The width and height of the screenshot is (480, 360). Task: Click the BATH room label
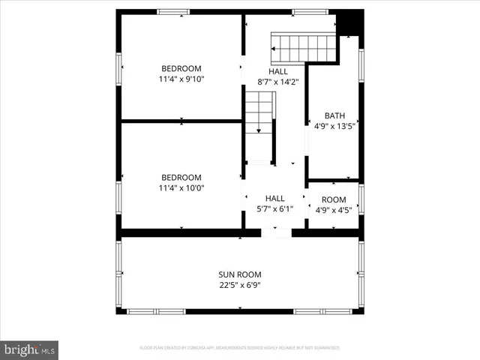tap(334, 115)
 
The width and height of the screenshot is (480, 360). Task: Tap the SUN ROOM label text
tap(240, 274)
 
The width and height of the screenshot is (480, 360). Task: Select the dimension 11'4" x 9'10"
tap(181, 79)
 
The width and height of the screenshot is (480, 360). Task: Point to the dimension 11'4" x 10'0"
tap(181, 188)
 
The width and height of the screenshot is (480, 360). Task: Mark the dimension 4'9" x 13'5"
tap(334, 127)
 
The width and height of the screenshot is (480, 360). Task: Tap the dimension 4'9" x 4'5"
tap(334, 211)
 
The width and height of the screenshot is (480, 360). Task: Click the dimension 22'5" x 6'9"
tap(240, 285)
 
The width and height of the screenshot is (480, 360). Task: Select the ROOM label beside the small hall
tap(334, 199)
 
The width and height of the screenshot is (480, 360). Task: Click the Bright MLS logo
tap(30, 349)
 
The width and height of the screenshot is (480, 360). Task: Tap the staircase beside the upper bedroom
tap(259, 112)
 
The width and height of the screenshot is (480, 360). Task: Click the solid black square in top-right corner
tap(349, 22)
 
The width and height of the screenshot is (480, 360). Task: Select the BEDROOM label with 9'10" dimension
tap(181, 68)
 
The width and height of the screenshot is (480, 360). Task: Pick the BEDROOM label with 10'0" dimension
tap(181, 177)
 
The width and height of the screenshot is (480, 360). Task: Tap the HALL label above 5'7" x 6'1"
tap(274, 198)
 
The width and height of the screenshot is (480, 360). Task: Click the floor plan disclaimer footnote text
tap(240, 348)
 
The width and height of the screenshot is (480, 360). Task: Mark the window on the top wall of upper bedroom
tap(173, 12)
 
